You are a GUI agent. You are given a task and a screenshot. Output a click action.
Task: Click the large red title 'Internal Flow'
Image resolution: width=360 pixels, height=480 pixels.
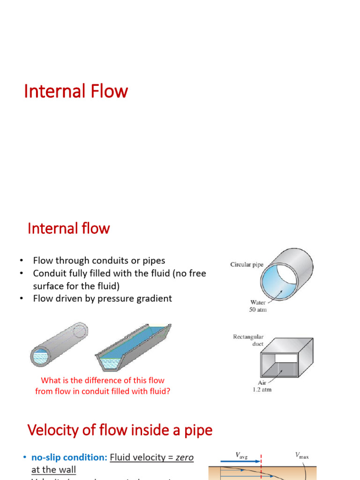(76, 91)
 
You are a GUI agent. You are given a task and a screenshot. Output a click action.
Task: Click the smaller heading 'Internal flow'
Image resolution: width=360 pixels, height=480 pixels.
(68, 228)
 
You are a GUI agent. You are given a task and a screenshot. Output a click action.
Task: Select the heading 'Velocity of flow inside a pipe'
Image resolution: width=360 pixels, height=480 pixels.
(120, 429)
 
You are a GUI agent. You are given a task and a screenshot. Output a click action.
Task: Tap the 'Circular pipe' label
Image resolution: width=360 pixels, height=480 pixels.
(247, 265)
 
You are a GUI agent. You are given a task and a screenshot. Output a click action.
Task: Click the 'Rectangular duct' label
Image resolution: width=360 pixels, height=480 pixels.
(248, 340)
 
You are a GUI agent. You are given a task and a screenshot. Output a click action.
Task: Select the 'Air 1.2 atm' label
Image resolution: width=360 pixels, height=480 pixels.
(262, 386)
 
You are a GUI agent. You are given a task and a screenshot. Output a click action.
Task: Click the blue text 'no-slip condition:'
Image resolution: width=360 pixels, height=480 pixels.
(69, 457)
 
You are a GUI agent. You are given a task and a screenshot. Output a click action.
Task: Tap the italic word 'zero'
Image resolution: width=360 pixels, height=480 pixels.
(184, 457)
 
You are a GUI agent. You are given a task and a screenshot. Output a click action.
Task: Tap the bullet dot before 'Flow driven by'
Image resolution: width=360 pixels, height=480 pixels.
(21, 298)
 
